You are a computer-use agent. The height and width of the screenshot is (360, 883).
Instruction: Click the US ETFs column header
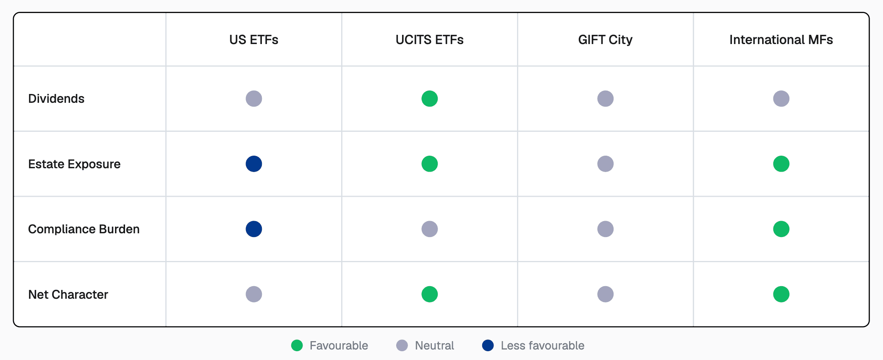(253, 39)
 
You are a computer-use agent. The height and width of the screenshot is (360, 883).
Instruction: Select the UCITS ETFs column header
(429, 39)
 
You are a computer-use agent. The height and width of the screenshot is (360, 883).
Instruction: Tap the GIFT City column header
(605, 39)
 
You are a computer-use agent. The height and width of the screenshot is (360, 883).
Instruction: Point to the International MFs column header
(781, 39)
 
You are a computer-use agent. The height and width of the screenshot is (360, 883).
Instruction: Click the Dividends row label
(56, 99)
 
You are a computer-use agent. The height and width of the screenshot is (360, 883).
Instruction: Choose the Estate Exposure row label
(74, 164)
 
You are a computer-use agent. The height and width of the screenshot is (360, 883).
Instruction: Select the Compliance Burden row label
(84, 229)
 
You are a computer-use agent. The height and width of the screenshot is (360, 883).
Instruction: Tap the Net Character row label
(68, 295)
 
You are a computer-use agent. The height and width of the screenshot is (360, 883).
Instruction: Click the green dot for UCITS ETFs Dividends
(429, 99)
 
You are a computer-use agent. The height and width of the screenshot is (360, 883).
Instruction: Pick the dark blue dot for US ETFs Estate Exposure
(254, 164)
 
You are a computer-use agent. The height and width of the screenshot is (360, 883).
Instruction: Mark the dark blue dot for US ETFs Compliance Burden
(254, 229)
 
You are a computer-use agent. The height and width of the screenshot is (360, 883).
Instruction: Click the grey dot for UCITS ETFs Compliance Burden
(429, 229)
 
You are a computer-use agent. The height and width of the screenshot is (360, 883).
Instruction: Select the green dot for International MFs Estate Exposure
(781, 164)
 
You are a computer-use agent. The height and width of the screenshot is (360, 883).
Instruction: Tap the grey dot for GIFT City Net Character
(605, 294)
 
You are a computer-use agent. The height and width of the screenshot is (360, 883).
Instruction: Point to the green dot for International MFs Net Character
(781, 294)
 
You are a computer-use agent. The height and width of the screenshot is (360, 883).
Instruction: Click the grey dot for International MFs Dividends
(781, 99)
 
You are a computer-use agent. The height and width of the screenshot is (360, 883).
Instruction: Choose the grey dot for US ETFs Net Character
(254, 294)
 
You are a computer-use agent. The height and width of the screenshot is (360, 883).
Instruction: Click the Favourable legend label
(339, 345)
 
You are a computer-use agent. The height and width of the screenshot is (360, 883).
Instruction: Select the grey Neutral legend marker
(402, 345)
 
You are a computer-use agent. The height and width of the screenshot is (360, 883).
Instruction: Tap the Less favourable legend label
(542, 345)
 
